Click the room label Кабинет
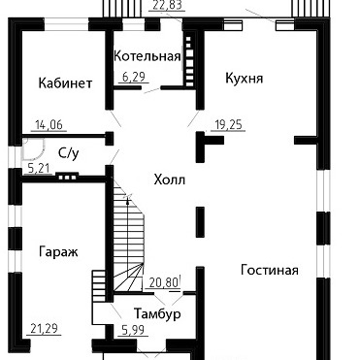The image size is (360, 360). [x=65, y=83]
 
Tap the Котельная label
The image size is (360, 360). [x=147, y=56]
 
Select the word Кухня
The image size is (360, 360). [x=245, y=79]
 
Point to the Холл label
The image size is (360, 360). [x=170, y=180]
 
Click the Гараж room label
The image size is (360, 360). [x=58, y=251]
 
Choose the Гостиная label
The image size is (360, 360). [x=270, y=270]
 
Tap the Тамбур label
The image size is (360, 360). [x=157, y=313]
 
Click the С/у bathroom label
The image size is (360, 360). [x=69, y=153]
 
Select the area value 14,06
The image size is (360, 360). [x=49, y=124]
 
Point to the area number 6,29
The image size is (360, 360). [x=133, y=77]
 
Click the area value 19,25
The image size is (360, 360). [x=228, y=124]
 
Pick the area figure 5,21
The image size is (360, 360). [x=39, y=169]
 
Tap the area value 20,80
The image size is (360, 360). [x=164, y=283]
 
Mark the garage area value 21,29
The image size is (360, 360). [x=44, y=329]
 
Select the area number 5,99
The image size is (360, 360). [x=133, y=330]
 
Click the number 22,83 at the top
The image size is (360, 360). [x=167, y=5]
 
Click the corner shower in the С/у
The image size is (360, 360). [x=33, y=149]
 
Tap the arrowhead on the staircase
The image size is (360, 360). [x=128, y=200]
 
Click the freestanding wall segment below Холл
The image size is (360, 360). [x=200, y=222]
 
